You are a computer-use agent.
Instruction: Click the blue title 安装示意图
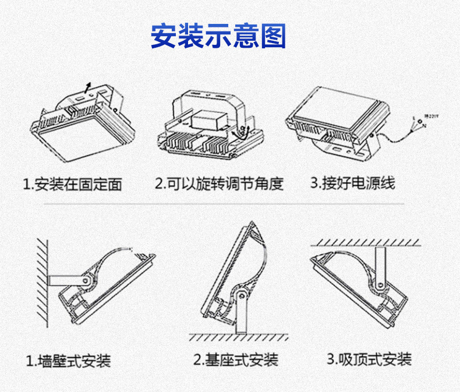[x=218, y=36]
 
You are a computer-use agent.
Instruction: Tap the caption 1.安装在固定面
[x=73, y=184]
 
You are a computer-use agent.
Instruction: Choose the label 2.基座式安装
[x=236, y=359]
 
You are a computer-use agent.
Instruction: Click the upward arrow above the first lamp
[x=87, y=87]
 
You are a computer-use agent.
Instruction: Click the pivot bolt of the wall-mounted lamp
[x=86, y=281]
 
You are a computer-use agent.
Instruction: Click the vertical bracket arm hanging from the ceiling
[x=380, y=265]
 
